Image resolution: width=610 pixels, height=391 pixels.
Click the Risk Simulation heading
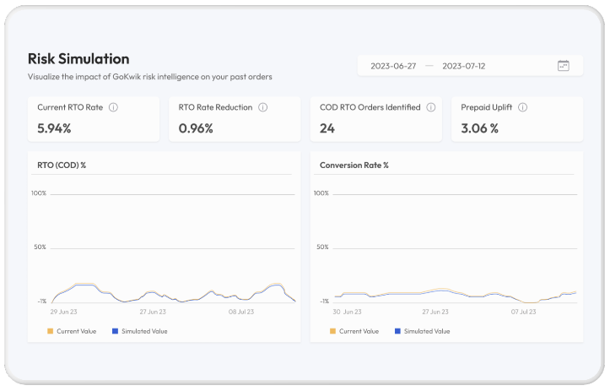click(78, 59)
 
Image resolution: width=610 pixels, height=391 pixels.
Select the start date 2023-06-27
click(392, 66)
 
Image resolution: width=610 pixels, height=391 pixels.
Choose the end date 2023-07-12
click(464, 66)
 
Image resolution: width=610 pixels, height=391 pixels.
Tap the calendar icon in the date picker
click(564, 66)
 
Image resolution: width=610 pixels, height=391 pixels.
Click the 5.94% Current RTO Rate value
click(54, 128)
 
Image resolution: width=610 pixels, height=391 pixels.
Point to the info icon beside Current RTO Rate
click(113, 108)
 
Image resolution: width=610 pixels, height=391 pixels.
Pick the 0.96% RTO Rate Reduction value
click(196, 128)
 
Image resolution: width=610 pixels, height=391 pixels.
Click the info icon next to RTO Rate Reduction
click(262, 108)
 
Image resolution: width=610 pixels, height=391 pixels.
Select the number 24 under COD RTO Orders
click(327, 128)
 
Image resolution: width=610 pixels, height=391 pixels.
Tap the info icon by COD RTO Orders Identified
click(430, 108)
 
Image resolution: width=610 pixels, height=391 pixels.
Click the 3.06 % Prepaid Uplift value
click(479, 128)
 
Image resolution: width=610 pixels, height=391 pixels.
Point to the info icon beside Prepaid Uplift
click(523, 108)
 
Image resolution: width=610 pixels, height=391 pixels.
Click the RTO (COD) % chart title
click(62, 165)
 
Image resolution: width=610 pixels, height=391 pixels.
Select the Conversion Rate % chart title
click(354, 165)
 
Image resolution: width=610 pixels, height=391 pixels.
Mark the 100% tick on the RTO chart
click(39, 193)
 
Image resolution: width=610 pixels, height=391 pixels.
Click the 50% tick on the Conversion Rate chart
click(321, 247)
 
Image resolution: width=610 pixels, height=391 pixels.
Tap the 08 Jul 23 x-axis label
click(244, 312)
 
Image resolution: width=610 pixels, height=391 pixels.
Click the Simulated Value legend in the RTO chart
click(144, 331)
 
